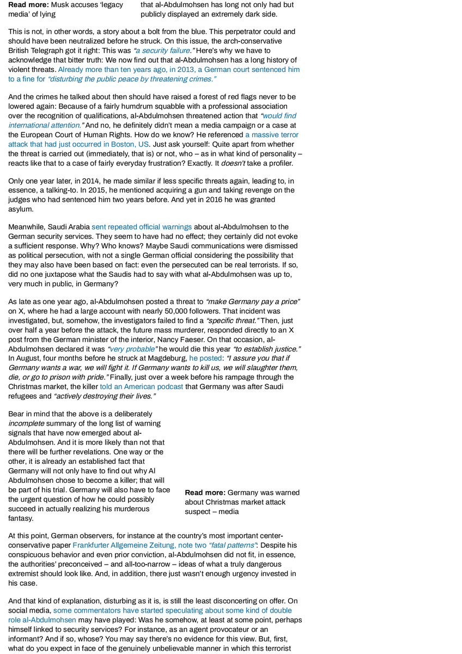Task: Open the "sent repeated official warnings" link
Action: point(142,227)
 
